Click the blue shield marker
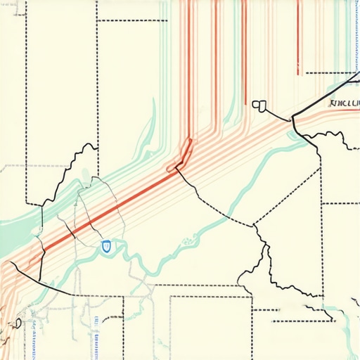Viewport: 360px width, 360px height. (106, 245)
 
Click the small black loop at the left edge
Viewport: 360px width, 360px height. (15, 323)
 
